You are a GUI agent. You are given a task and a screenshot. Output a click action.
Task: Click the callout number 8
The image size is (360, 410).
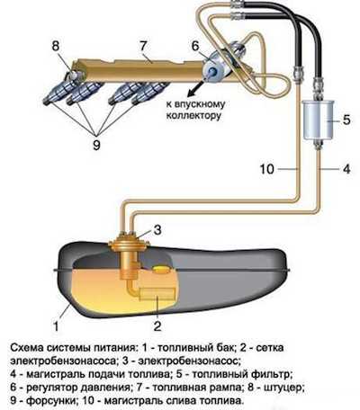tap(56, 47)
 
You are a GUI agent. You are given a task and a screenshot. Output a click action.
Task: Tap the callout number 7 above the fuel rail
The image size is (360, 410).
tap(143, 47)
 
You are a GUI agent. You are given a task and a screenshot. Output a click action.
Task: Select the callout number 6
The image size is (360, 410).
tap(195, 47)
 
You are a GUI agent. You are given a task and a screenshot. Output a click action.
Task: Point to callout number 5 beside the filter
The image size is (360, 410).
tap(346, 120)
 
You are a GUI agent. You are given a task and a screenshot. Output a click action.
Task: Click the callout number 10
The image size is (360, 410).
tap(267, 169)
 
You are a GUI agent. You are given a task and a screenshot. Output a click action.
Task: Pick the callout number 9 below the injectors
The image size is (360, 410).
tap(96, 146)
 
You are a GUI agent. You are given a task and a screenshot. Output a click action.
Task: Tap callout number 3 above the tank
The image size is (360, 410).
tap(157, 230)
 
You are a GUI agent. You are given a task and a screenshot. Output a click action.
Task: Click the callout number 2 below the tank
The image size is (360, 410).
tap(157, 326)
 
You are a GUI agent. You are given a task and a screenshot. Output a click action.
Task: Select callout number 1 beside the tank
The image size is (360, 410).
tap(56, 326)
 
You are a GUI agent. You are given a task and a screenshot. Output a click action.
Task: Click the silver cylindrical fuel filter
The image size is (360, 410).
tap(318, 120)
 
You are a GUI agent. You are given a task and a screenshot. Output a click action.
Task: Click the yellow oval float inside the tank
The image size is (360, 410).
tap(162, 270)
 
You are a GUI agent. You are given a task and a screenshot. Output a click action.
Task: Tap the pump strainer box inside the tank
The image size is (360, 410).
tap(157, 294)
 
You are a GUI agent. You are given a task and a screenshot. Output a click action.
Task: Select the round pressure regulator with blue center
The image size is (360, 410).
tap(214, 68)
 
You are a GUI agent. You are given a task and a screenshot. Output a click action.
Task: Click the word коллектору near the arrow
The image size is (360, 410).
tap(193, 116)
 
